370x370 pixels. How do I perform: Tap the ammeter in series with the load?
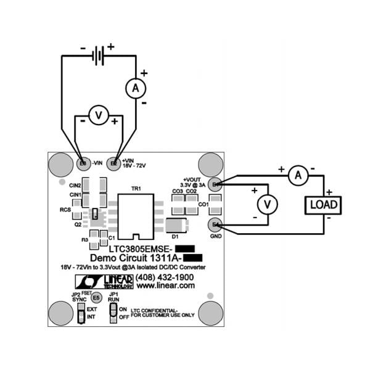point(298,176)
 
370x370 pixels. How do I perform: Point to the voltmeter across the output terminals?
point(266,204)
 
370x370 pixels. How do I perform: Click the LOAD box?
point(323,204)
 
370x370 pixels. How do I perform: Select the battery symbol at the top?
point(97,56)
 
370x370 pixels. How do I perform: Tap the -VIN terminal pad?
point(83,163)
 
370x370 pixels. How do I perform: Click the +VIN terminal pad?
point(113,163)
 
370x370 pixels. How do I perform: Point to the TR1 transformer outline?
point(136,216)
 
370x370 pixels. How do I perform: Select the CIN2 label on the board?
point(75,185)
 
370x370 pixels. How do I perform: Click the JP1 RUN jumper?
point(112,313)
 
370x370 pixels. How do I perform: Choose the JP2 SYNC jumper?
point(80,315)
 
